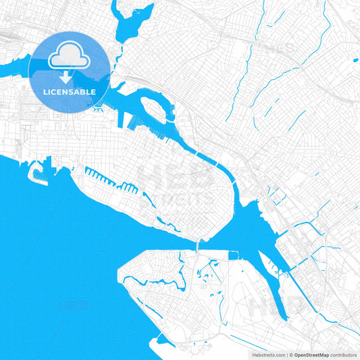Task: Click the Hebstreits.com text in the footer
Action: pyautogui.click(x=267, y=354)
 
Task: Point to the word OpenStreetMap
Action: pyautogui.click(x=311, y=354)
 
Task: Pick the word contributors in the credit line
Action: pyautogui.click(x=344, y=354)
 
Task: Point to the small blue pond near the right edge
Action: pyautogui.click(x=355, y=61)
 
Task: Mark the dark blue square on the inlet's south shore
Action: pyautogui.click(x=234, y=255)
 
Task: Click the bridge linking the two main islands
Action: pyautogui.click(x=197, y=245)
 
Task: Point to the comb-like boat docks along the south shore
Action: pyautogui.click(x=108, y=181)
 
